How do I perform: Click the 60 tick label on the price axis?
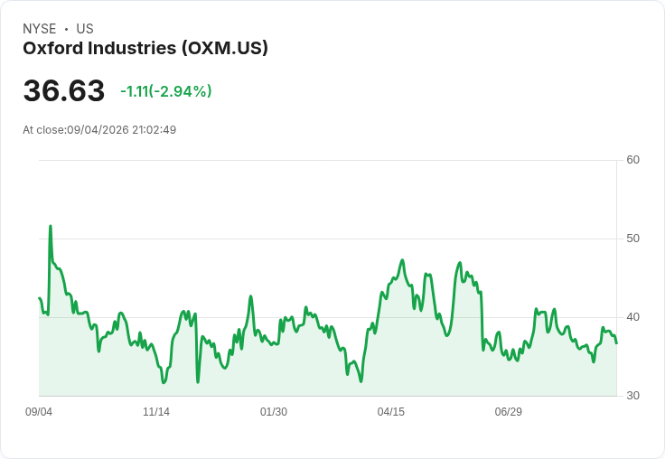[632, 160]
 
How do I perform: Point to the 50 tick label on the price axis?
[632, 239]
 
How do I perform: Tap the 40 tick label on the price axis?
[632, 317]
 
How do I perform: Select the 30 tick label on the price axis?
[632, 396]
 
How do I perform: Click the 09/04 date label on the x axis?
[39, 411]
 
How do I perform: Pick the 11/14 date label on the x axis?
[156, 411]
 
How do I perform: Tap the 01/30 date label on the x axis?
[274, 411]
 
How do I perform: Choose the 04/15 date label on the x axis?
[390, 411]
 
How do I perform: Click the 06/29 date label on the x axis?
[508, 411]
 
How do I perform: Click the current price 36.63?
[63, 90]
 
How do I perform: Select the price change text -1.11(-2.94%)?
[166, 91]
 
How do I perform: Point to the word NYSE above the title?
[40, 29]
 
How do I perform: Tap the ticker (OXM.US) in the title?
[225, 49]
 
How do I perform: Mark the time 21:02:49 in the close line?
[154, 130]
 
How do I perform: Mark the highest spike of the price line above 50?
[51, 226]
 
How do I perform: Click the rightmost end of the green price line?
[616, 343]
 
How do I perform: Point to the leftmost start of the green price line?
[40, 298]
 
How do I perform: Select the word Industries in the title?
[132, 48]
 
